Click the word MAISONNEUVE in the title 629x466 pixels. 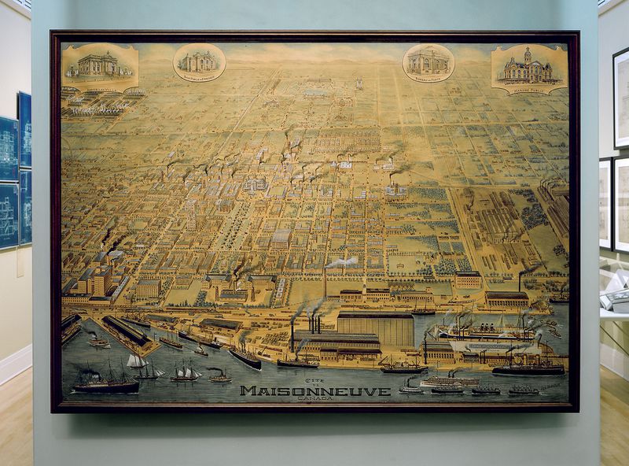tap(315, 390)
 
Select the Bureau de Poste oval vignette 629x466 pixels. tap(429, 63)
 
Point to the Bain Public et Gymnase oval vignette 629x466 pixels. tap(199, 62)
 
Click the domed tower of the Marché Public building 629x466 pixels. tap(528, 56)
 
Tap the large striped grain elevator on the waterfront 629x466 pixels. tap(375, 328)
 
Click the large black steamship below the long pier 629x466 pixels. tap(105, 383)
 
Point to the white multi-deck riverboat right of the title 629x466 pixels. tap(448, 381)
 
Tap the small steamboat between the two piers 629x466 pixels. tap(99, 342)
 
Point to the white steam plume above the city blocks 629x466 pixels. tap(342, 261)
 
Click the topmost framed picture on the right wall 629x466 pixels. tap(620, 98)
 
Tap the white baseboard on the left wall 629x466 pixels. tap(15, 367)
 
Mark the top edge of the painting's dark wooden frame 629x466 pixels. tap(314, 34)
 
